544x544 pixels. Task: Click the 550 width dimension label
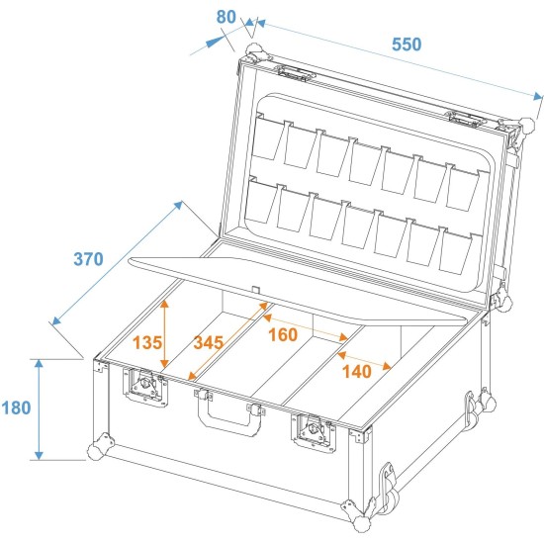coord(407,45)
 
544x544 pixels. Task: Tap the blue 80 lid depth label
coord(226,17)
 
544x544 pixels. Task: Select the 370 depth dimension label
coord(88,259)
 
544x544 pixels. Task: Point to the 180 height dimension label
coord(16,408)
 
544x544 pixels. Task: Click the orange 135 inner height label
coord(147,343)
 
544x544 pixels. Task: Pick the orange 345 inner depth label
coord(208,342)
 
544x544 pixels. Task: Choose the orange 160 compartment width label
coord(283,334)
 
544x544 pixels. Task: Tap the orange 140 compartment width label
coord(357,372)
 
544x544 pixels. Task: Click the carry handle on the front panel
coord(229,411)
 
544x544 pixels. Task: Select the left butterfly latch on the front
coord(145,386)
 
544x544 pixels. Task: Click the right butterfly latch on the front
coord(314,432)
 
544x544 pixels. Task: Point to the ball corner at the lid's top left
coord(256,52)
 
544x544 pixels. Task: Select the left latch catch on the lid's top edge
coord(296,73)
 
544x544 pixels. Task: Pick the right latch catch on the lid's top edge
coord(466,119)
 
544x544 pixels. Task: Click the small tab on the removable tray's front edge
coord(256,290)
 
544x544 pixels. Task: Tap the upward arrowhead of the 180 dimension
coord(39,364)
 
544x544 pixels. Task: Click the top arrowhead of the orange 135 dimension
coord(164,304)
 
